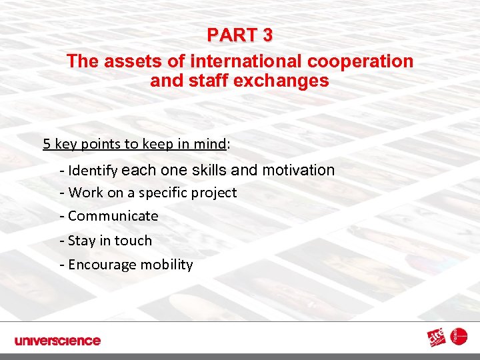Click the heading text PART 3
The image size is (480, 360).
click(239, 34)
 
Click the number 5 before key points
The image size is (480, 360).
click(47, 143)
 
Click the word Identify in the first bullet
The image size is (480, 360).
click(93, 171)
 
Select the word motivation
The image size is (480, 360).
click(299, 170)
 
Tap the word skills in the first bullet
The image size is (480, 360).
click(209, 170)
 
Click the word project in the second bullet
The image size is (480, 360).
click(214, 193)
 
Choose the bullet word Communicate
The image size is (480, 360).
click(113, 216)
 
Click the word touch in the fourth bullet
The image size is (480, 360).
click(134, 241)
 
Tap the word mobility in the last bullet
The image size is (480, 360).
click(167, 265)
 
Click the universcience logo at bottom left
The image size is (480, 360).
click(57, 341)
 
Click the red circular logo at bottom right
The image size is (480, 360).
click(460, 337)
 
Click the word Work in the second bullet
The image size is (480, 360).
click(85, 193)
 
